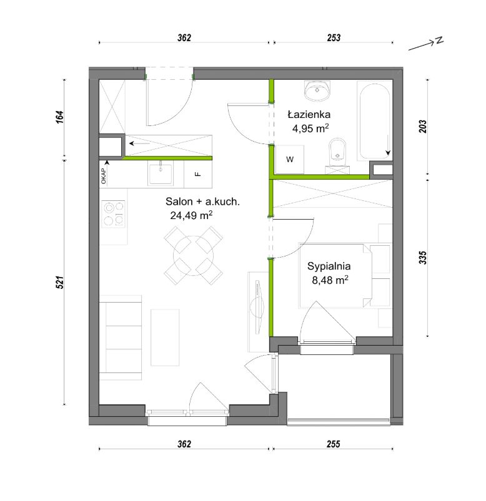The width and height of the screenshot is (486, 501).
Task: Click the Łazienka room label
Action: pyautogui.click(x=309, y=114)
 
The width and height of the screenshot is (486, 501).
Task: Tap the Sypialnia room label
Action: pyautogui.click(x=329, y=266)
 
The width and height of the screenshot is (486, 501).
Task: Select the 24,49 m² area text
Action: pyautogui.click(x=191, y=215)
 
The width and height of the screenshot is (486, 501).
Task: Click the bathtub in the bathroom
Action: pyautogui.click(x=375, y=121)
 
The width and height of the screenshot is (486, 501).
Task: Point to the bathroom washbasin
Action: pyautogui.click(x=317, y=90)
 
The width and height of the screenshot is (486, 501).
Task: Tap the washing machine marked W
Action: pyautogui.click(x=289, y=160)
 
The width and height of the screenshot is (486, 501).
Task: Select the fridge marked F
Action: pyautogui.click(x=198, y=174)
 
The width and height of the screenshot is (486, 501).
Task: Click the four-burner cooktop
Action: pyautogui.click(x=113, y=213)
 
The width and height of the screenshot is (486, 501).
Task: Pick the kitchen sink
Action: pyautogui.click(x=161, y=173)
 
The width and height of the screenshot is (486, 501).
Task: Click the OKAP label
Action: pyautogui.click(x=103, y=176)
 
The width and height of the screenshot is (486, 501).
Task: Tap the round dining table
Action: pyautogui.click(x=193, y=256)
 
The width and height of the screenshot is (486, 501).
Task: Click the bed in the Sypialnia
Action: pyautogui.click(x=335, y=276)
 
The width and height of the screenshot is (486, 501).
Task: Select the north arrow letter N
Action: pyautogui.click(x=439, y=41)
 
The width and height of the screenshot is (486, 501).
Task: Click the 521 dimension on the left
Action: pyautogui.click(x=60, y=283)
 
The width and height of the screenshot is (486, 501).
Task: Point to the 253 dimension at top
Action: pyautogui.click(x=334, y=37)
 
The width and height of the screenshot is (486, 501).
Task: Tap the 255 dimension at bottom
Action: pyautogui.click(x=333, y=444)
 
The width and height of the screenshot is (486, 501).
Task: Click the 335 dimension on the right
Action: pyautogui.click(x=423, y=258)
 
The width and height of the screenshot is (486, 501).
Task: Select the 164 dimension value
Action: pyautogui.click(x=60, y=117)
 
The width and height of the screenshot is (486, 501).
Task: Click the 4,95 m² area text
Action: pyautogui.click(x=310, y=129)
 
